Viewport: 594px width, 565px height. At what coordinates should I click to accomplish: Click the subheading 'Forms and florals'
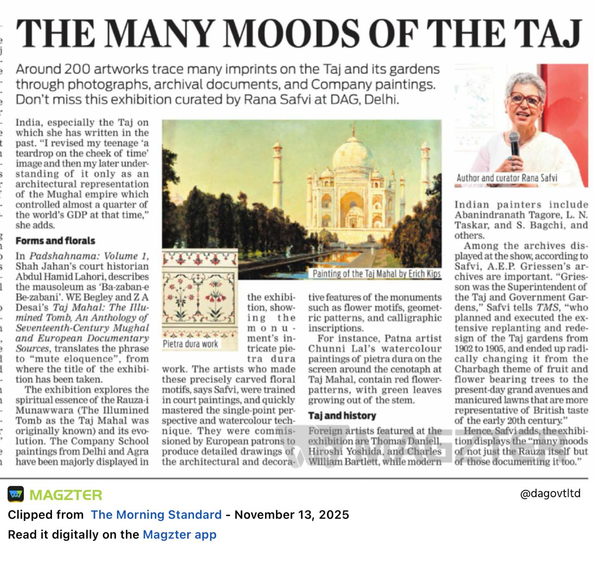coord(55,240)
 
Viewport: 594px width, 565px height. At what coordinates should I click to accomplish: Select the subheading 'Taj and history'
coord(342,416)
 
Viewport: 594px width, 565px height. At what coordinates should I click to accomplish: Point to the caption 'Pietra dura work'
coord(190,344)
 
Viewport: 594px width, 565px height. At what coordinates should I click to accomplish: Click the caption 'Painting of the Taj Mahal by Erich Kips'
coord(376,273)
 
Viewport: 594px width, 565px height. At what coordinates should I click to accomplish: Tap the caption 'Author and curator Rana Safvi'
coord(507,178)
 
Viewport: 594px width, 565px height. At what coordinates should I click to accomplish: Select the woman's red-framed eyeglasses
coord(525,99)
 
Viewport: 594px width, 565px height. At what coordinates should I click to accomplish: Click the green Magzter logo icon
coord(16,494)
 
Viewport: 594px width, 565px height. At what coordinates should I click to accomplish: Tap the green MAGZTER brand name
coord(65,495)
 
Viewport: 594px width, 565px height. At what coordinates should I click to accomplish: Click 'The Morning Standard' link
coord(156,515)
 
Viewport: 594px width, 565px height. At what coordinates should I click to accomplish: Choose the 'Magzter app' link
coord(179,535)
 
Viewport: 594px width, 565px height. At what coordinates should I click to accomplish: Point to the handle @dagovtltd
coord(550,494)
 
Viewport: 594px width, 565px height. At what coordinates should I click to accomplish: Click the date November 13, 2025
coord(291,515)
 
